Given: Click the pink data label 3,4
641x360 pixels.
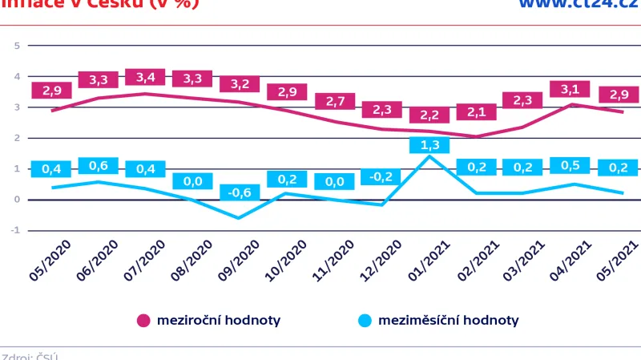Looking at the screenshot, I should tap(145, 78).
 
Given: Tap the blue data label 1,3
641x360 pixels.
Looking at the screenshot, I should tap(429, 145).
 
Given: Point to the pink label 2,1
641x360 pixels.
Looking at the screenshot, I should tap(476, 112).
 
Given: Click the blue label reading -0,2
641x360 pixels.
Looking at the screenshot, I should tap(381, 177).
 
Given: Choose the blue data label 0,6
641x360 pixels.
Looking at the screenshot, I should tap(99, 166).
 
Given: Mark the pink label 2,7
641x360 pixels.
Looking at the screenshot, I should tap(334, 102).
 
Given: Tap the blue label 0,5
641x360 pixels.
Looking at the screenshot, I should tap(570, 166).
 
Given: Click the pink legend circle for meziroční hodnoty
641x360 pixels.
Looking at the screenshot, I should tap(143, 321).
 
